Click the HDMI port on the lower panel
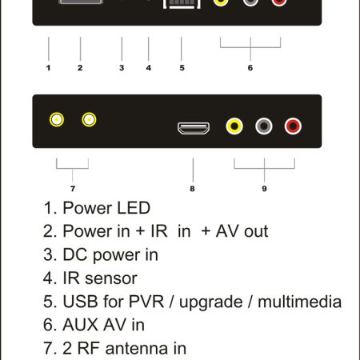pyautogui.click(x=194, y=128)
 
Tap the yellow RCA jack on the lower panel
pyautogui.click(x=234, y=126)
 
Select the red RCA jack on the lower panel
pyautogui.click(x=293, y=126)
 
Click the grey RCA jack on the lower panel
pyautogui.click(x=264, y=126)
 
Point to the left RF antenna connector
pyautogui.click(x=57, y=119)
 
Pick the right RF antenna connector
pyautogui.click(x=89, y=119)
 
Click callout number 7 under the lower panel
pyautogui.click(x=73, y=189)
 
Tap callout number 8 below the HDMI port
pyautogui.click(x=192, y=189)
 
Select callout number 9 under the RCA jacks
pyautogui.click(x=264, y=189)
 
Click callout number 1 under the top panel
pyautogui.click(x=48, y=68)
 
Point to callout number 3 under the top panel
pyautogui.click(x=122, y=68)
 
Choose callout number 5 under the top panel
pyautogui.click(x=182, y=68)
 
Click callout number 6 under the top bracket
pyautogui.click(x=250, y=68)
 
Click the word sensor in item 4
pyautogui.click(x=111, y=279)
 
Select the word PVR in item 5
pyautogui.click(x=146, y=302)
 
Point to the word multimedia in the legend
pyautogui.click(x=300, y=302)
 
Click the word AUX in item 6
pyautogui.click(x=80, y=325)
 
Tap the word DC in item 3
pyautogui.click(x=74, y=254)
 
